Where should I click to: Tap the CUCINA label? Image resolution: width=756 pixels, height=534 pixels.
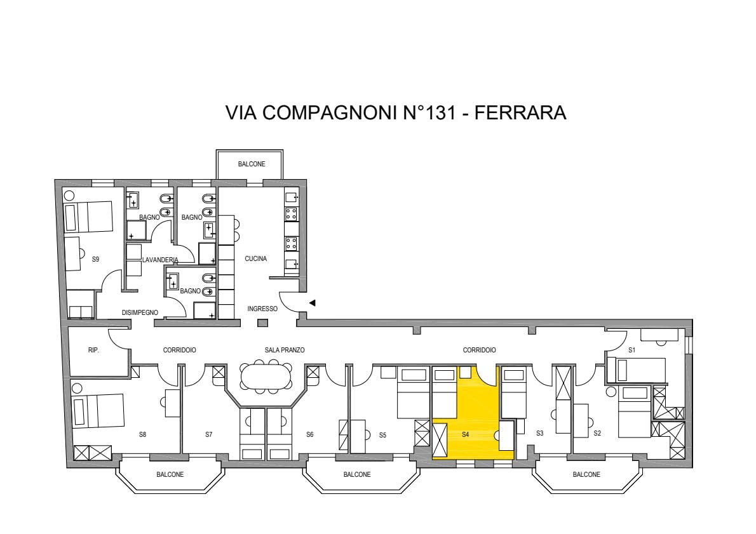pos(255,259)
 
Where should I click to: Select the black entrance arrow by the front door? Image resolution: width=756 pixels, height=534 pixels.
pos(313,303)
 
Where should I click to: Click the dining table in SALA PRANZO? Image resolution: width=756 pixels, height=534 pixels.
pos(266,376)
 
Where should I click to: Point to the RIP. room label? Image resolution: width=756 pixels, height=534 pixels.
pos(93,350)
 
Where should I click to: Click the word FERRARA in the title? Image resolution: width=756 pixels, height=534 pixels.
pos(520,112)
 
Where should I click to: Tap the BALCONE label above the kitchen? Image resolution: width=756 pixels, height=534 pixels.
pos(252,164)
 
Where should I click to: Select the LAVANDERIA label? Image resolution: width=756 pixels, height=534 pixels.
pos(160,260)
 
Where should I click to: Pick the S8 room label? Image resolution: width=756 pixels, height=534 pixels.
pos(143,434)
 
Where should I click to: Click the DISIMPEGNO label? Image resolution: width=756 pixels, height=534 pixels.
pos(140,313)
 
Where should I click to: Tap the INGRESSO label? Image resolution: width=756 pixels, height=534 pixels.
pos(262,309)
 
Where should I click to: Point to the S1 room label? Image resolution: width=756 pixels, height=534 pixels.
pos(631,350)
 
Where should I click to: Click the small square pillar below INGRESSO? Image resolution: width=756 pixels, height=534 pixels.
pos(262,323)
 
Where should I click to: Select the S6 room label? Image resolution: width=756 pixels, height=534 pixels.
pos(310,434)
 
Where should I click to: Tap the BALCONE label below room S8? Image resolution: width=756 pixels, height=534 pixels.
pos(170,475)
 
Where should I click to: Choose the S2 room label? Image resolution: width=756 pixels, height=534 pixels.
pos(597,433)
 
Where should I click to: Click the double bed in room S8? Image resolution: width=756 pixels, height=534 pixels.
pos(98,411)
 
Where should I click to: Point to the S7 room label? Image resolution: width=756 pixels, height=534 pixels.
pos(209,434)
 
